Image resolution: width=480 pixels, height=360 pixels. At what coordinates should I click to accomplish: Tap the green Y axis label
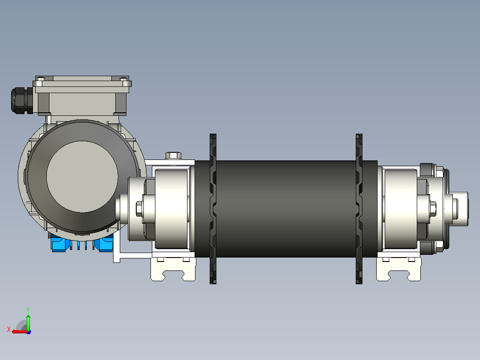click(28, 310)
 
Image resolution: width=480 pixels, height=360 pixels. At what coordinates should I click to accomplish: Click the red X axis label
click(9, 330)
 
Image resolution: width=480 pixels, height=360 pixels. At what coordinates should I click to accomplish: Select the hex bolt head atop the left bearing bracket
click(173, 155)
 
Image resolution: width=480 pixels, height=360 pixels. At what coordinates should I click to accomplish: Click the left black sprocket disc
click(213, 209)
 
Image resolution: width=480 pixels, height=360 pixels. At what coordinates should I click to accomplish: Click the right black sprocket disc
click(359, 209)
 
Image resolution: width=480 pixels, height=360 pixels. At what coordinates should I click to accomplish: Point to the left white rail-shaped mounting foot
click(173, 269)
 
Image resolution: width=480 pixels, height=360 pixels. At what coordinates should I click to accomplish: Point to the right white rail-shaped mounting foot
click(399, 269)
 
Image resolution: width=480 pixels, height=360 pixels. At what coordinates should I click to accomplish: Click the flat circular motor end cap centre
click(82, 177)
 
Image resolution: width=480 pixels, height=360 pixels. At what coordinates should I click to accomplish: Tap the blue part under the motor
click(82, 244)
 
